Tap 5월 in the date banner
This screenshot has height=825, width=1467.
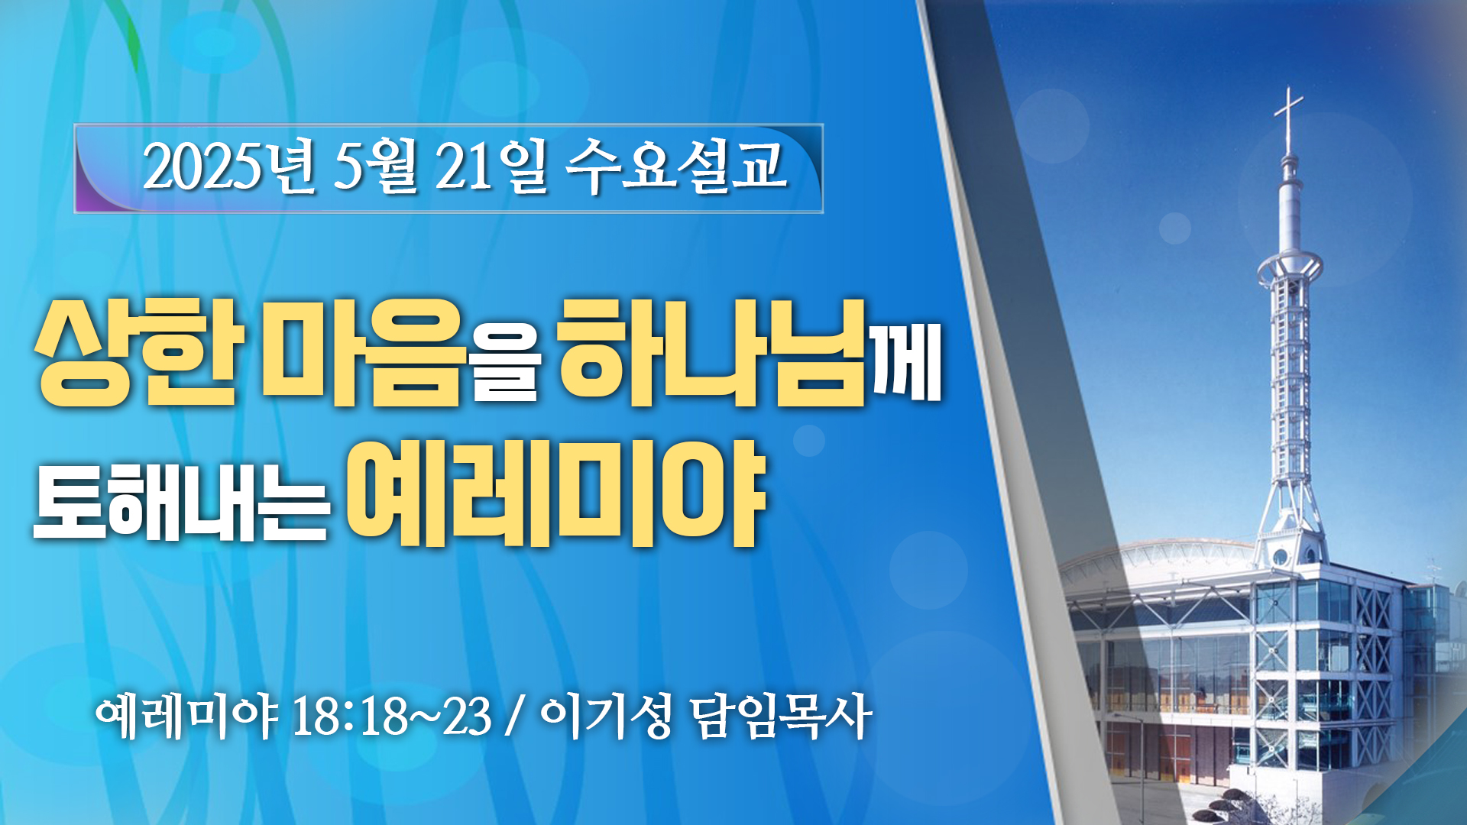[x=375, y=167]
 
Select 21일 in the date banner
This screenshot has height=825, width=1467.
[x=491, y=167]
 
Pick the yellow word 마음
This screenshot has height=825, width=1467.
[x=363, y=352]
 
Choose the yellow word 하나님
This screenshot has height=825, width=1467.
[x=713, y=352]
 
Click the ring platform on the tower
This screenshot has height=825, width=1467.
[x=1291, y=267]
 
